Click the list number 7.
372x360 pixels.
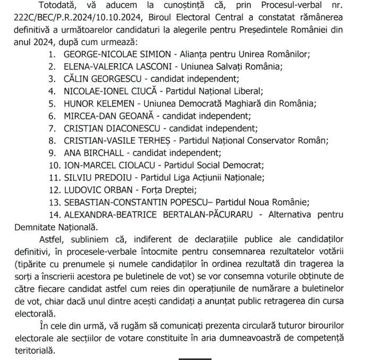(x=52, y=128)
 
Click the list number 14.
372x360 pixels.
(x=54, y=215)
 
